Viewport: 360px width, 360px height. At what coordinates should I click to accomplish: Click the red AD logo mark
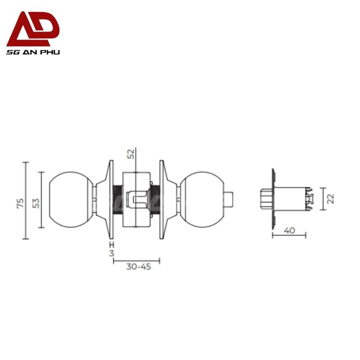click(x=33, y=30)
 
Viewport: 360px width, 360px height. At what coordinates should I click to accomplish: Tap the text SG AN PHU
click(x=33, y=52)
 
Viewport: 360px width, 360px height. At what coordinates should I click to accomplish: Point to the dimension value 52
click(x=131, y=154)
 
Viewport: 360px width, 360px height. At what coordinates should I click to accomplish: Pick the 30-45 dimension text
click(x=138, y=267)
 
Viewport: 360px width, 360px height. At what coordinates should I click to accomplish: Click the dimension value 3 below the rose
click(x=112, y=253)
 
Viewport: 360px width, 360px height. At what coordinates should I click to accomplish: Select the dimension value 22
click(x=330, y=198)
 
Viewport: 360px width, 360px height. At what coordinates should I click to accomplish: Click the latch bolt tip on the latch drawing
click(x=264, y=199)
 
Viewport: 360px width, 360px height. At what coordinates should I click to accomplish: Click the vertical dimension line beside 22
click(x=322, y=199)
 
